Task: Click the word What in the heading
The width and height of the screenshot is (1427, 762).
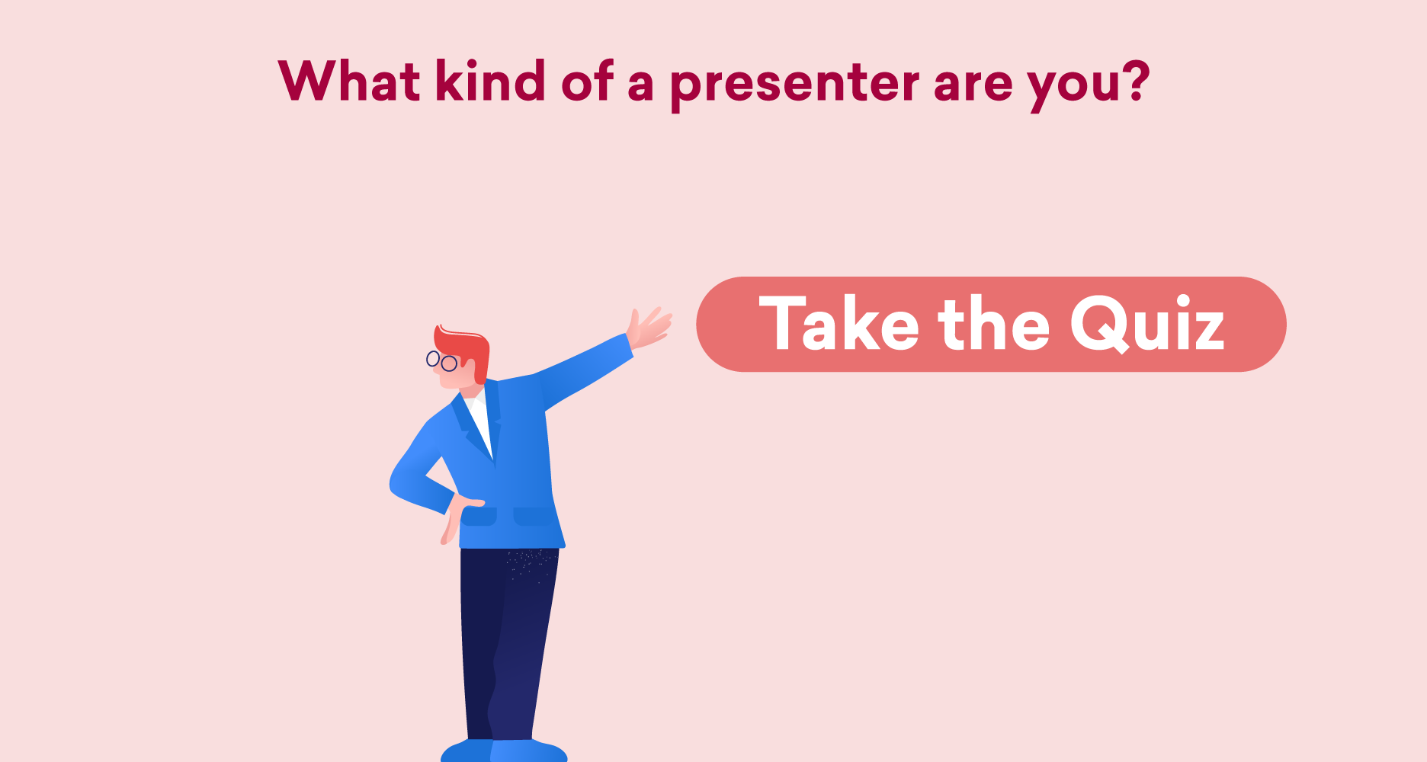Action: click(349, 81)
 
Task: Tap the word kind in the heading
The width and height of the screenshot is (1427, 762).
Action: click(490, 80)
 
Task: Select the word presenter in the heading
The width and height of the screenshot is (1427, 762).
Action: click(795, 86)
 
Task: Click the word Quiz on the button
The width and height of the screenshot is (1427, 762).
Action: click(1147, 325)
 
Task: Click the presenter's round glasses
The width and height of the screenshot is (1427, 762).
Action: click(441, 360)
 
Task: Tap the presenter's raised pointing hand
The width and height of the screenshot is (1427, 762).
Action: click(648, 328)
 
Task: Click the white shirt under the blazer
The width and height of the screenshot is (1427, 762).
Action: click(479, 419)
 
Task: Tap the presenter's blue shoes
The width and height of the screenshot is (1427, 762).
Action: click(504, 751)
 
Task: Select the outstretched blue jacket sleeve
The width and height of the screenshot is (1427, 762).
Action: click(583, 371)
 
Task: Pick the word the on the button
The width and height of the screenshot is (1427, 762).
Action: click(994, 323)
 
